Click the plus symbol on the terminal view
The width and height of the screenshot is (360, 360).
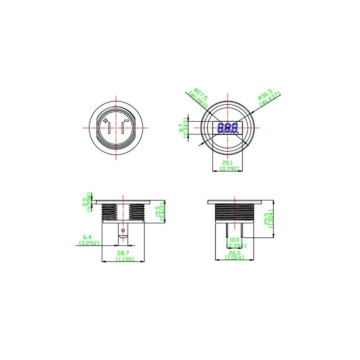(106, 121)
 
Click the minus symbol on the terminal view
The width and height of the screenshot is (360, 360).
(126, 121)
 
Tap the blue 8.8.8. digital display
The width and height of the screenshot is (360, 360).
(228, 128)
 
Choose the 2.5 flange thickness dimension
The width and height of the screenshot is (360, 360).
(85, 202)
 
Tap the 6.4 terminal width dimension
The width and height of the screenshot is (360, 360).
(87, 237)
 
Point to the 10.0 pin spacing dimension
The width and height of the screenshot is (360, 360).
(234, 240)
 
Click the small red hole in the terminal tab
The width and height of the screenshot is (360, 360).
(122, 231)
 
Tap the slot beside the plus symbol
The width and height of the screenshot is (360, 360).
(109, 128)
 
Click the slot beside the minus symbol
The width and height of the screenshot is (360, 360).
(123, 128)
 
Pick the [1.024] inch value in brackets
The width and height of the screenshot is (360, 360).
(234, 258)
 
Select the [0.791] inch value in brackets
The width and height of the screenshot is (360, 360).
(227, 169)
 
